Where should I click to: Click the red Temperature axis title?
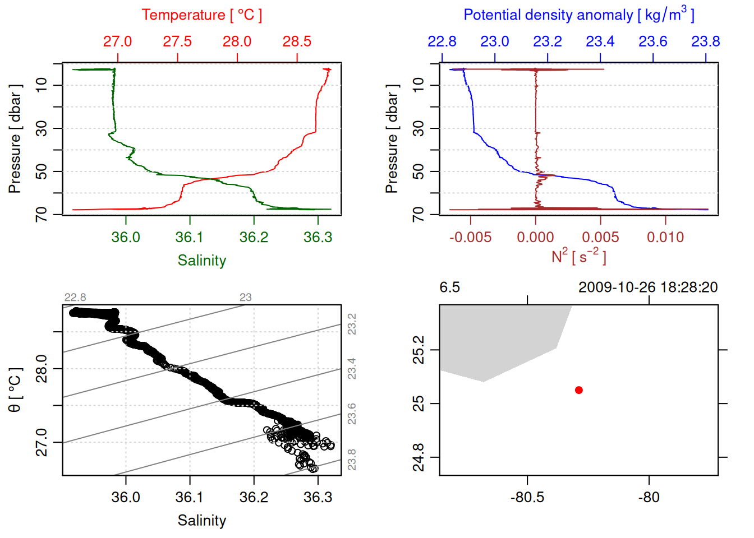[201, 15]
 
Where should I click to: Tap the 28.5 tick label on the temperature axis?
[297, 41]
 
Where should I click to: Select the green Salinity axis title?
[201, 261]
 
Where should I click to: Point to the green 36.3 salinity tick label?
[318, 238]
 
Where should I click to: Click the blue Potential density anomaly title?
[578, 15]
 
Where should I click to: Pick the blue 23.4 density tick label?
[600, 41]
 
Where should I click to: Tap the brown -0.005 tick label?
[470, 238]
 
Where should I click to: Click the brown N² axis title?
[578, 257]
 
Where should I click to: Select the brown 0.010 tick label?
[665, 238]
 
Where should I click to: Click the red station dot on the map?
[579, 390]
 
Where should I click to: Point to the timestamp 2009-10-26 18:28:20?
[648, 287]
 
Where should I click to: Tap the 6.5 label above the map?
[449, 287]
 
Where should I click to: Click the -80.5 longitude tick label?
[527, 498]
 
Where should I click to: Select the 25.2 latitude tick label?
[419, 350]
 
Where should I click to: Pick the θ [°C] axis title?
[15, 390]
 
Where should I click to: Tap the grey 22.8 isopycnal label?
[75, 298]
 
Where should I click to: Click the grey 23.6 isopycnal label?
[352, 414]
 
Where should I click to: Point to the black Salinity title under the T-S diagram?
[201, 521]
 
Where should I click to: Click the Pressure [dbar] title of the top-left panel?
[15, 139]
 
